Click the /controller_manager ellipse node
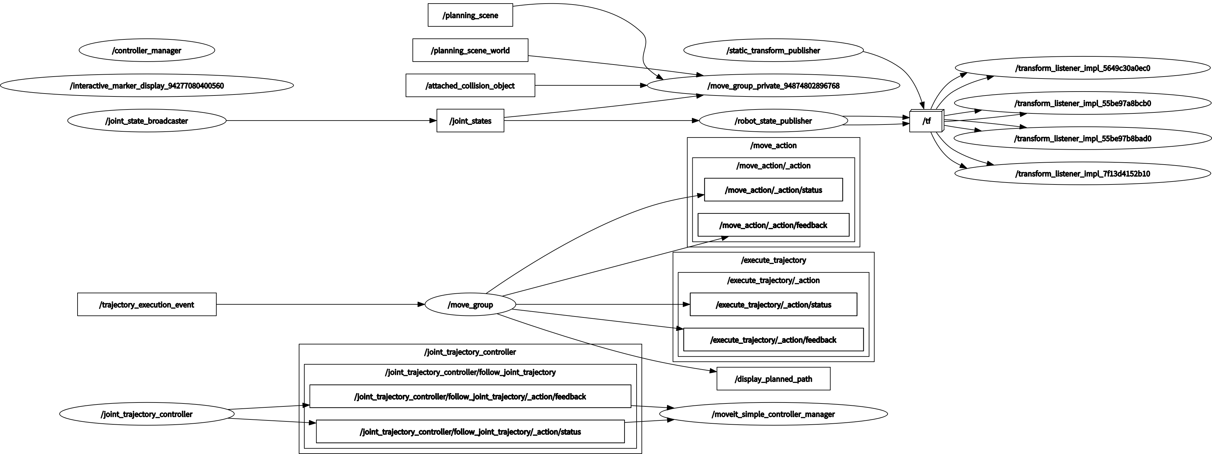tap(147, 50)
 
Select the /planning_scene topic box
tap(470, 15)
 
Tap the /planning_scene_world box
tap(470, 50)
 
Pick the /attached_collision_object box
tap(470, 86)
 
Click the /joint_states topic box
tap(470, 121)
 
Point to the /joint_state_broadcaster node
tap(147, 121)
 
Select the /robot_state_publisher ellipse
tap(773, 121)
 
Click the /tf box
tap(926, 121)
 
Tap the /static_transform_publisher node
tap(773, 50)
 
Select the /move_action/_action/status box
tap(773, 190)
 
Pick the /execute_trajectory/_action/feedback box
tap(773, 340)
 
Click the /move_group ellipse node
tap(470, 305)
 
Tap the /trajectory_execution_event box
tap(147, 305)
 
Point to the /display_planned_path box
tap(773, 379)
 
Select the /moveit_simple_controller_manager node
tap(773, 414)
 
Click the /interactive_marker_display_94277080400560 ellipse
tap(147, 86)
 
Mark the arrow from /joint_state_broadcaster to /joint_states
tap(331, 121)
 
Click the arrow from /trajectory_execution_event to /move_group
tap(320, 304)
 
